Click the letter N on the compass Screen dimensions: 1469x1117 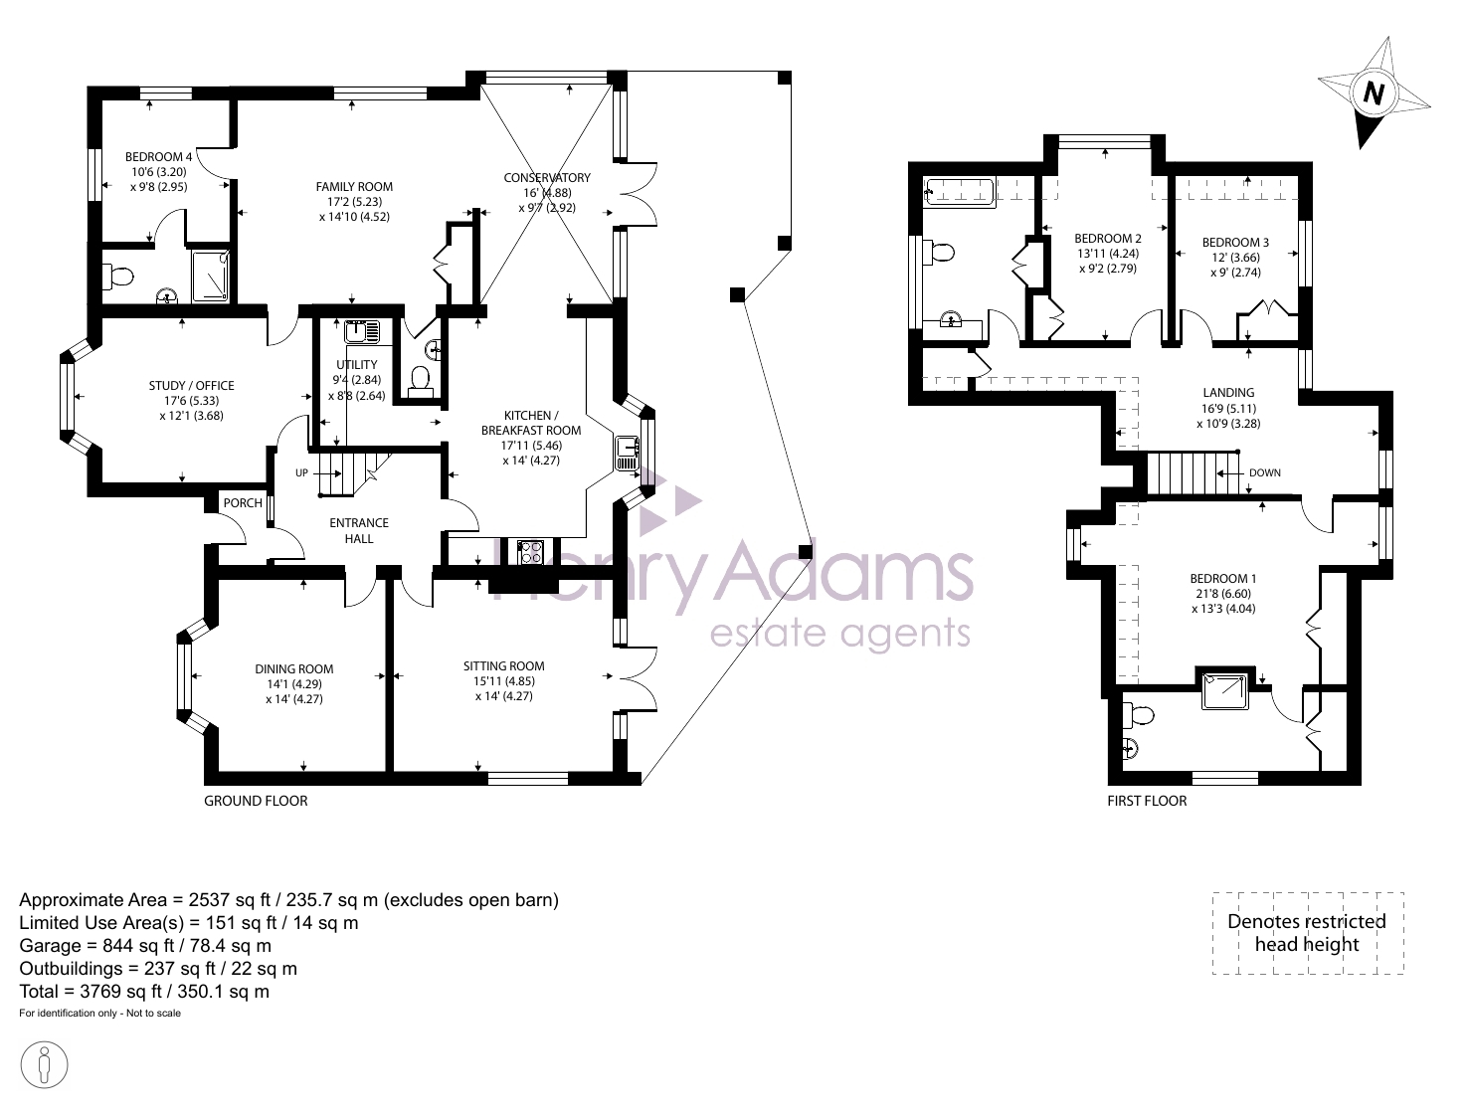(1374, 93)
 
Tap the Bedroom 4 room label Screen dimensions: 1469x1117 (158, 157)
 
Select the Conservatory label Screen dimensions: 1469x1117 (547, 178)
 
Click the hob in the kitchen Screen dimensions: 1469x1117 (531, 553)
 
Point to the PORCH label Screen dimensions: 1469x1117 (243, 503)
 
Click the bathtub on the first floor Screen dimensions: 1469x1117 (960, 192)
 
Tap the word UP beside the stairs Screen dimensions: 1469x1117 (301, 473)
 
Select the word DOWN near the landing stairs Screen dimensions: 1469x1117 (1265, 473)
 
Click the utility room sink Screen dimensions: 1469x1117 (362, 332)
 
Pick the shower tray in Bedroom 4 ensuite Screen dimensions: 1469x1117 (210, 276)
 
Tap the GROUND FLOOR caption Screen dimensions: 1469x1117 (256, 801)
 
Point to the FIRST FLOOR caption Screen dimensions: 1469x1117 (1147, 801)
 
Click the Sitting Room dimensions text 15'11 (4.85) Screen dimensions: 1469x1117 (504, 681)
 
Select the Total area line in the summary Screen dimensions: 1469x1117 (144, 992)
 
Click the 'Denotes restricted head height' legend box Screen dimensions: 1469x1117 (1308, 933)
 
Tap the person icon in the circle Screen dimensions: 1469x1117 (44, 1065)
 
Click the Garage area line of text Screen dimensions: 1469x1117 (145, 946)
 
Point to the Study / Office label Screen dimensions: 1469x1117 (191, 386)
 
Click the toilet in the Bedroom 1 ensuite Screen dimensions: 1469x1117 (1140, 716)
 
